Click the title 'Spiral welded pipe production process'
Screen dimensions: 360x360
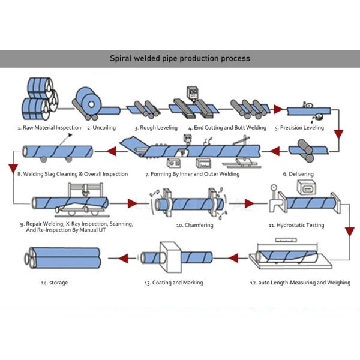(x=179, y=59)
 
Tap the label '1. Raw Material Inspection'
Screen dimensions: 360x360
(x=49, y=128)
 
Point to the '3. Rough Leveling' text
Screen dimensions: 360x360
(x=155, y=128)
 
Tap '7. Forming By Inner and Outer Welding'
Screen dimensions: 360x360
(x=192, y=174)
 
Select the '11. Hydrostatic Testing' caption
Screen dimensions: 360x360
(x=296, y=225)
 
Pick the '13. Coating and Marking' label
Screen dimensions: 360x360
(x=173, y=283)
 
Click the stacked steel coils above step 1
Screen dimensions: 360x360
(x=38, y=99)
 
